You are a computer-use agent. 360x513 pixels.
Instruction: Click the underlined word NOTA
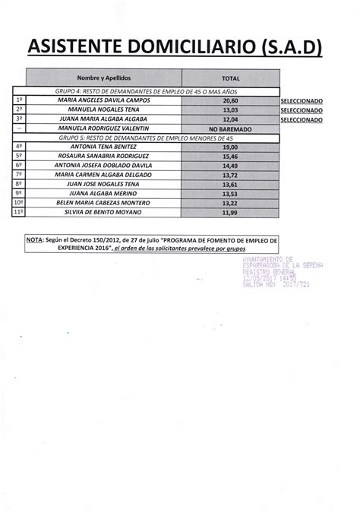(33, 238)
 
